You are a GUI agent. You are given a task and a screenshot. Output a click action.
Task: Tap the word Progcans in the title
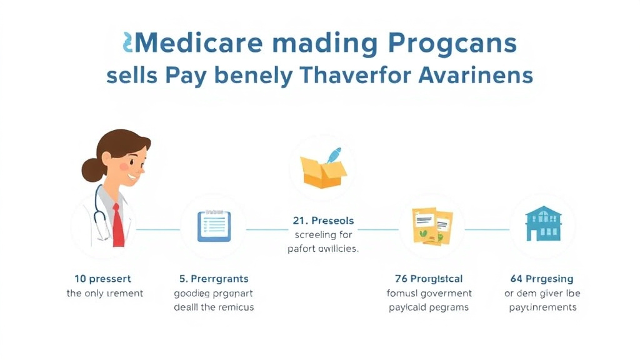click(452, 44)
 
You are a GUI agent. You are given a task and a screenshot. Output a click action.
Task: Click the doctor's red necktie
click(117, 226)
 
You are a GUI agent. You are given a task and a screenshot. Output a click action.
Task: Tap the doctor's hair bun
click(92, 169)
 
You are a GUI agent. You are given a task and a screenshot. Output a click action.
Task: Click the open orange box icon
click(322, 172)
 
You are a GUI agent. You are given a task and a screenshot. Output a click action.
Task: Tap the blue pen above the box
click(334, 154)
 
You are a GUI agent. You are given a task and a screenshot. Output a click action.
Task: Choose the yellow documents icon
click(432, 226)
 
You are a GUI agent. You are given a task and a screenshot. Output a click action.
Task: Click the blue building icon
click(543, 223)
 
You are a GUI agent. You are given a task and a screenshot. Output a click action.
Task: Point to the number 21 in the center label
click(299, 221)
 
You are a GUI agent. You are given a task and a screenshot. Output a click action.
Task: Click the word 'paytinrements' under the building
click(542, 307)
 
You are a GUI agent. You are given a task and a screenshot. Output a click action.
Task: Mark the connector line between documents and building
click(487, 229)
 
